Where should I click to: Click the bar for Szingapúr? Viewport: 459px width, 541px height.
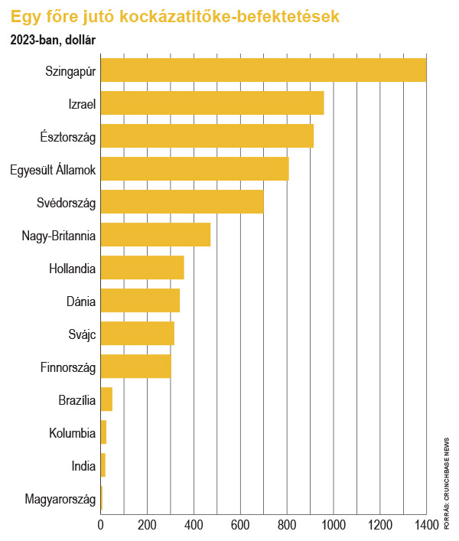click(x=263, y=70)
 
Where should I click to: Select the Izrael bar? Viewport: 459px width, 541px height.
click(x=213, y=103)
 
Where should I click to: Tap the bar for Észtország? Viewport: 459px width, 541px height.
click(x=207, y=136)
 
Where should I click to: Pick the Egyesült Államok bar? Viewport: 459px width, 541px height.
click(x=195, y=168)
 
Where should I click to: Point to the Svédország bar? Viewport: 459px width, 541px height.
click(x=182, y=201)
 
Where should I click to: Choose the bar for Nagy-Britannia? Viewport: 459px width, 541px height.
click(x=156, y=235)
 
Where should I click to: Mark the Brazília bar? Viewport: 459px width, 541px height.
click(x=106, y=399)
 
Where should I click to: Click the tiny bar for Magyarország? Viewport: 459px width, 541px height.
click(x=102, y=498)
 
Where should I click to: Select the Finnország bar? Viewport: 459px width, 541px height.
click(x=136, y=366)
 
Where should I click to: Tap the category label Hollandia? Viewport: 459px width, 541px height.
click(x=73, y=269)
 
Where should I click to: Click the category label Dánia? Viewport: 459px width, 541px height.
click(x=81, y=301)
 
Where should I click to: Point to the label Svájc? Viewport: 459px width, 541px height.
click(x=82, y=334)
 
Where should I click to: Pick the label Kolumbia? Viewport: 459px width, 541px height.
click(x=73, y=433)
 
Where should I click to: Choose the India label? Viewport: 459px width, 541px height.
click(x=83, y=466)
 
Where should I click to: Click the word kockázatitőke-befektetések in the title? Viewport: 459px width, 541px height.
click(x=229, y=16)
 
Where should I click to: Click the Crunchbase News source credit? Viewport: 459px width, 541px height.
click(x=447, y=484)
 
